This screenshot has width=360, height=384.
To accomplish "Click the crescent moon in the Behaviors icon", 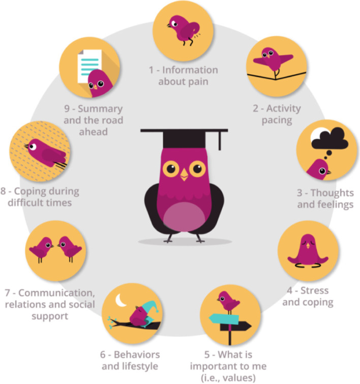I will pos(121,302).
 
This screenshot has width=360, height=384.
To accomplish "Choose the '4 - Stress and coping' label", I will pos(308,296).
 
